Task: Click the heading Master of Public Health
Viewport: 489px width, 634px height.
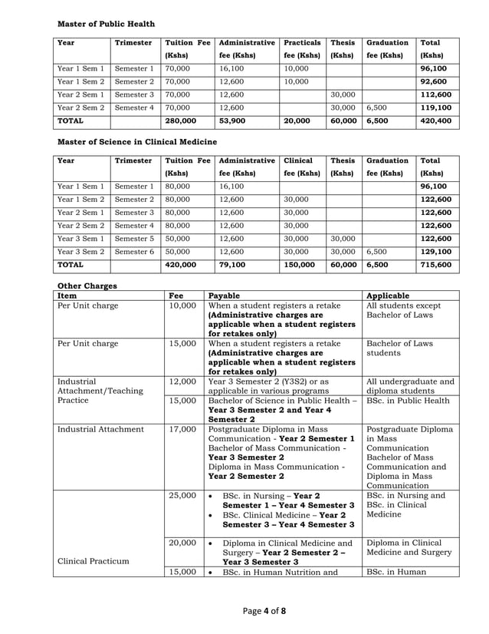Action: [x=107, y=24]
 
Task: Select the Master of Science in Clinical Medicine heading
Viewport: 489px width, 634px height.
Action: [x=137, y=142]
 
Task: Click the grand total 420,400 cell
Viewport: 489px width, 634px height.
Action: [x=435, y=121]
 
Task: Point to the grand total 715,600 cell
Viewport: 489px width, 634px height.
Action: [x=435, y=265]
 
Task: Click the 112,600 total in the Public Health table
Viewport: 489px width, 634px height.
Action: [x=435, y=95]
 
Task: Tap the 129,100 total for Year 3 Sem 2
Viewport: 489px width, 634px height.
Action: [x=435, y=252]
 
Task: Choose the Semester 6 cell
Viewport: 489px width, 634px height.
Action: [x=134, y=252]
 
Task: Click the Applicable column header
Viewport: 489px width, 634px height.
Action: [x=388, y=295]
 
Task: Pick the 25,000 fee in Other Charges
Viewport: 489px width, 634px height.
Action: [x=182, y=496]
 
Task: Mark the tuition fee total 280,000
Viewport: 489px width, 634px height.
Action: [x=180, y=121]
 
